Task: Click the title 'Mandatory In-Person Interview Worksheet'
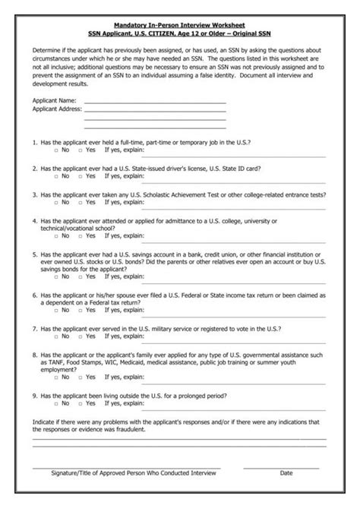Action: (x=180, y=25)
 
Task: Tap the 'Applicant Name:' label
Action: (x=54, y=100)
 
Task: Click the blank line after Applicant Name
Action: (x=155, y=102)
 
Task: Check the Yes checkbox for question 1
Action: (x=80, y=150)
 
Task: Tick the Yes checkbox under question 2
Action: (x=80, y=176)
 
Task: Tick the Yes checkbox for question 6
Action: (x=80, y=310)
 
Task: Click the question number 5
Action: (x=35, y=254)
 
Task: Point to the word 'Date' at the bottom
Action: (x=286, y=472)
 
